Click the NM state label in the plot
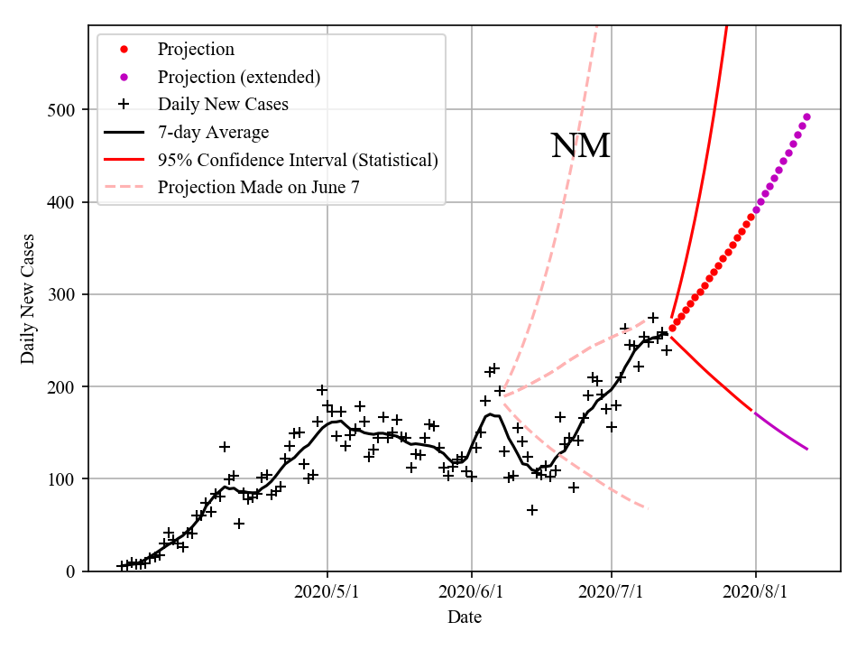(x=580, y=146)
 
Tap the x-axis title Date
(x=464, y=617)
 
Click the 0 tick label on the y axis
(x=70, y=571)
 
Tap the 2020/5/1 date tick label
(x=327, y=592)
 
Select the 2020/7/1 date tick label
(x=612, y=592)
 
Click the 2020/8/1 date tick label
(x=755, y=592)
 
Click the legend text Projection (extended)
(x=238, y=78)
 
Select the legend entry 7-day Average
(x=213, y=133)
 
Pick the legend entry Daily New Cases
(x=223, y=105)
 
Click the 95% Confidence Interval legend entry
(x=298, y=161)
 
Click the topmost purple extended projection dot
(x=806, y=116)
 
